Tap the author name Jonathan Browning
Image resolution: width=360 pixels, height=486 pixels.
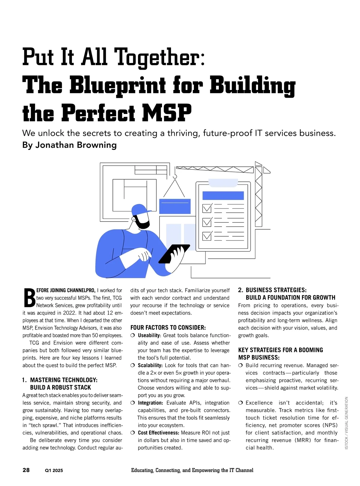[x=76, y=145]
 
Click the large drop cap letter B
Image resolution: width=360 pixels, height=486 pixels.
[x=29, y=298]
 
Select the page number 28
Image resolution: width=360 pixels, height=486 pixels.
[x=26, y=470]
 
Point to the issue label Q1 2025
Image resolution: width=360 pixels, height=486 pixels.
[x=54, y=470]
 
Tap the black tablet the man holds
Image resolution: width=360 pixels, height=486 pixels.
[x=174, y=254]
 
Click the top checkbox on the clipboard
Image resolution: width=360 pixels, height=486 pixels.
[x=207, y=208]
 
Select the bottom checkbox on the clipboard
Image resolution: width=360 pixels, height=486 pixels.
[x=207, y=236]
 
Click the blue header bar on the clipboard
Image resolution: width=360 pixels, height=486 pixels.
[x=223, y=195]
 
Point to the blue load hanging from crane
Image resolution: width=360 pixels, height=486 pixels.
[x=175, y=206]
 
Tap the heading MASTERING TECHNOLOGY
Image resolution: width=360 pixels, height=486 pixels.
[x=64, y=380]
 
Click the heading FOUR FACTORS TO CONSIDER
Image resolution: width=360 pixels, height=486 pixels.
[x=168, y=328]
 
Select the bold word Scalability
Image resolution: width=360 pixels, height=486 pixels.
[x=150, y=365]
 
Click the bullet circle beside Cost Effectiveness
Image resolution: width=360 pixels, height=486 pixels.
[x=133, y=433]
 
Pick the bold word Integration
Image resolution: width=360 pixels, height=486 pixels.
[x=150, y=403]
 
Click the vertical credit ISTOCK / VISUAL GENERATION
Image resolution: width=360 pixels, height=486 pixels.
[x=346, y=423]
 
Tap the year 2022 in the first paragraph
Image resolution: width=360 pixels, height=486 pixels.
[x=69, y=313]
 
